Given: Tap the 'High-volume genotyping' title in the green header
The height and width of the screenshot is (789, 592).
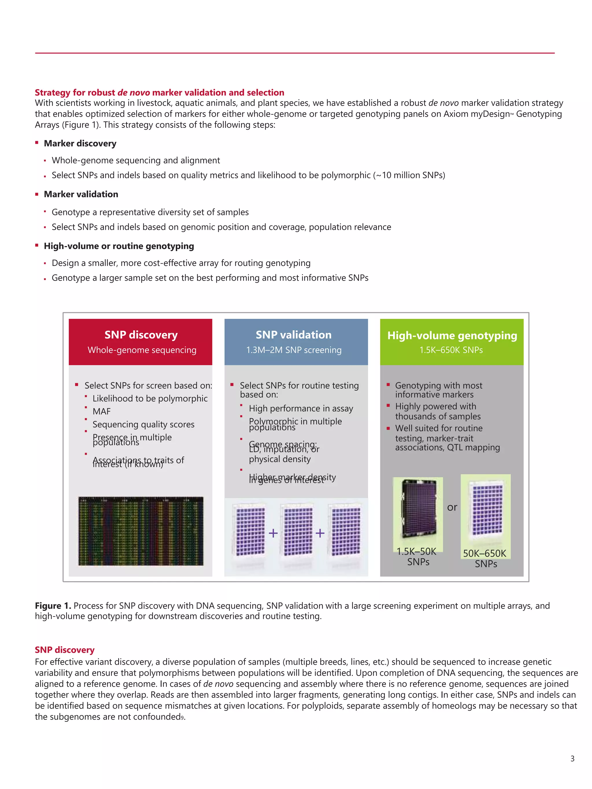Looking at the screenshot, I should [x=452, y=335].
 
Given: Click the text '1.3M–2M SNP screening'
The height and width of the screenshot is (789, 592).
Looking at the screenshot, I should [x=294, y=350].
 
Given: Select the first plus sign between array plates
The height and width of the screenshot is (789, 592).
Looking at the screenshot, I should [x=273, y=533].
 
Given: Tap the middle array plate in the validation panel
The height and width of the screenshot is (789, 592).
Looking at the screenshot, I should [x=298, y=531].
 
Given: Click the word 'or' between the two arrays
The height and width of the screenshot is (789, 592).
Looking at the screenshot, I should [x=452, y=507].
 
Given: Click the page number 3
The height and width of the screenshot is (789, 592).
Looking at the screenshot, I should [x=572, y=759].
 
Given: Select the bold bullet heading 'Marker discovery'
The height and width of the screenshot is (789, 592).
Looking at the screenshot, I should [x=80, y=144].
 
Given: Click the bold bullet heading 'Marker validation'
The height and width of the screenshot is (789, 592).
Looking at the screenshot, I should [x=81, y=194].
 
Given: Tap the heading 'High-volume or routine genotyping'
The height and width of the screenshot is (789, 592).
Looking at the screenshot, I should [x=119, y=246].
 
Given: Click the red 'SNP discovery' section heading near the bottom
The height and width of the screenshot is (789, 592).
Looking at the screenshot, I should [x=64, y=650].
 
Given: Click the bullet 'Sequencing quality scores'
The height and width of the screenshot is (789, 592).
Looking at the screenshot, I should [x=143, y=424].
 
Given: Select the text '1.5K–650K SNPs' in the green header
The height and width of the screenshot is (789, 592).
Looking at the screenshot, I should [x=451, y=350].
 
